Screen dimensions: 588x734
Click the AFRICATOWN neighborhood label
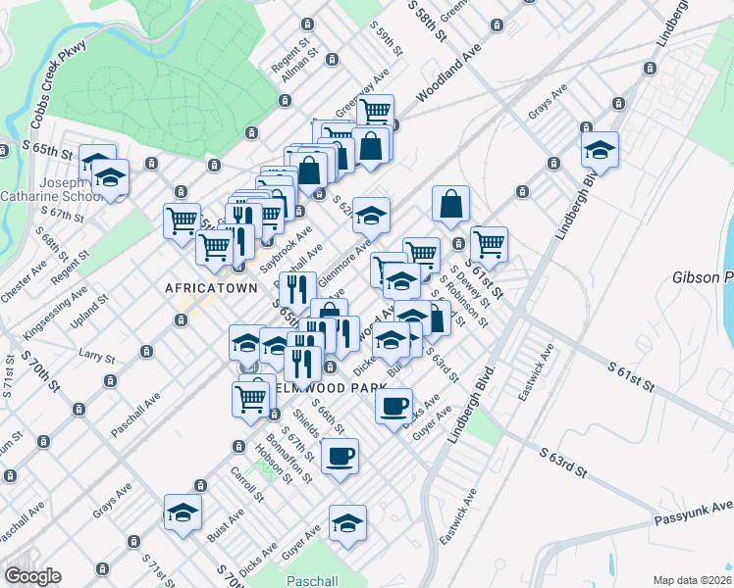[x=211, y=288]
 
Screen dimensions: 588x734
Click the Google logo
[x=32, y=576]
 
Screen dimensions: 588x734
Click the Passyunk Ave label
[x=693, y=511]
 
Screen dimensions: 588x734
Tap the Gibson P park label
[x=703, y=278]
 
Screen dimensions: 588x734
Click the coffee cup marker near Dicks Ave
[x=393, y=405]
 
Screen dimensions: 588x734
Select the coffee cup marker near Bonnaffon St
[x=340, y=456]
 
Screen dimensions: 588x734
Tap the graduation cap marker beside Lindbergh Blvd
[x=600, y=150]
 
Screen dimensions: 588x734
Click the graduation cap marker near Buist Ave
[x=183, y=514]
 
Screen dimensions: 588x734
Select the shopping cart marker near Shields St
[x=251, y=398]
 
